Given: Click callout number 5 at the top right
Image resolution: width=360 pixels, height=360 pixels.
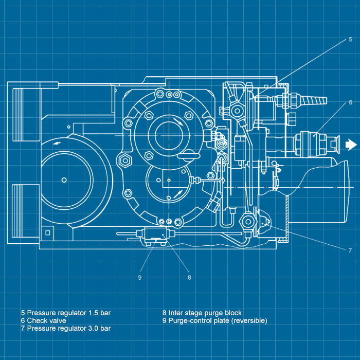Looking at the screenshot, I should tap(350, 40).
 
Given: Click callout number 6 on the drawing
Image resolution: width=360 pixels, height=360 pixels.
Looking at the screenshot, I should tap(350, 102).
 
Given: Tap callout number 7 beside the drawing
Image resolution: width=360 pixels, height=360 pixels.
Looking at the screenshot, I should tap(350, 250).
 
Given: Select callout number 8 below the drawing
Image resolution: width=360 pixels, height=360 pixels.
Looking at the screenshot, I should tap(189, 277).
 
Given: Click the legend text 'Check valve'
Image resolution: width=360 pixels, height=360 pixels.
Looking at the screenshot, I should tap(43, 320).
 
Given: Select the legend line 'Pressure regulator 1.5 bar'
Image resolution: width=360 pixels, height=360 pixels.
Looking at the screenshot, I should tap(65, 313).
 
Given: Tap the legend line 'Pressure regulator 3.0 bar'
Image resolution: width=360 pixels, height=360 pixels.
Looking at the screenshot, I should tap(65, 328).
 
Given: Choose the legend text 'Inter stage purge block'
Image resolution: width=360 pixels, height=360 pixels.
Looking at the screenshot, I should tap(202, 313).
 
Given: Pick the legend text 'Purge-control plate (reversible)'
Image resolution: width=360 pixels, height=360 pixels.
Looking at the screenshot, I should tap(214, 320).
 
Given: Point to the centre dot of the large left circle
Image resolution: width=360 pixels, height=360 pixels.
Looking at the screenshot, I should tap(64, 179).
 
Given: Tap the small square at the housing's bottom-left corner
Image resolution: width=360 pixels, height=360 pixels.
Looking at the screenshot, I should tap(47, 232).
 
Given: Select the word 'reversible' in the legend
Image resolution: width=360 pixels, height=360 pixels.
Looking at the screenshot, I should tap(249, 320).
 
